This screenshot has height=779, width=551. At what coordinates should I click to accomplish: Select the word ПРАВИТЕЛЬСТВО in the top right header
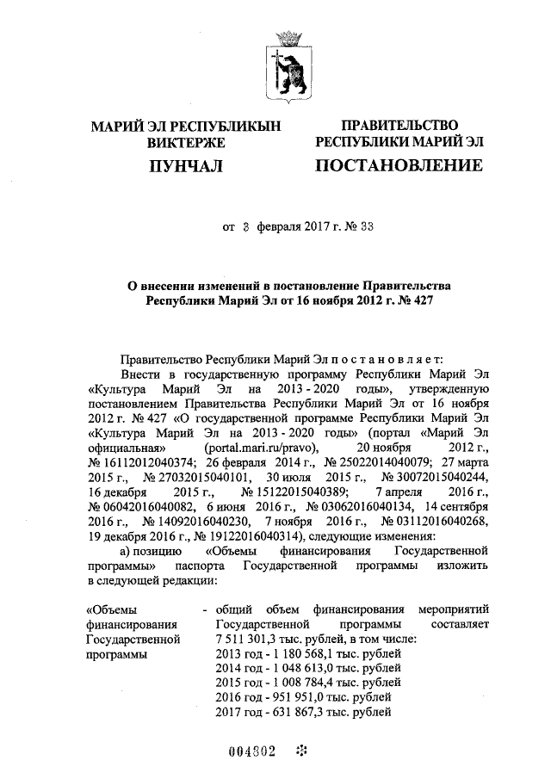399,127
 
